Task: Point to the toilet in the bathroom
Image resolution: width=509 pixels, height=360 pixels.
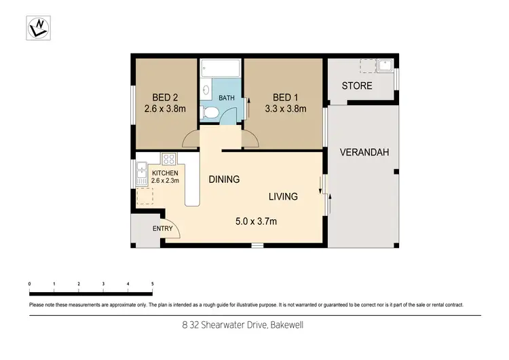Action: [x=211, y=113]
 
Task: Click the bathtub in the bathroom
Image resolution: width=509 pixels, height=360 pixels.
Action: [x=221, y=69]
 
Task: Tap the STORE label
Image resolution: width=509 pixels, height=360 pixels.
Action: [x=357, y=86]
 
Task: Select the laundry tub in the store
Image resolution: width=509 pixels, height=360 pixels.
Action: [x=385, y=65]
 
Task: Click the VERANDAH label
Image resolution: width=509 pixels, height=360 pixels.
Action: [x=365, y=153]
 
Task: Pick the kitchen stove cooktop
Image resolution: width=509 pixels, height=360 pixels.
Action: [x=169, y=160]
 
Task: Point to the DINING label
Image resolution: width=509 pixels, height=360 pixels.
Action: [x=224, y=180]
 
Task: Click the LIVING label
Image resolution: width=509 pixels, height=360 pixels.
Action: [x=283, y=197]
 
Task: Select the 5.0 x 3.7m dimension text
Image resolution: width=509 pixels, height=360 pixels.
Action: [x=255, y=221]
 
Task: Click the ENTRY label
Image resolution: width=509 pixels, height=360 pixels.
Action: [x=162, y=228]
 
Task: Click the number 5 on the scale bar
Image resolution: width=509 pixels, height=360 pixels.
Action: [x=152, y=283]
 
